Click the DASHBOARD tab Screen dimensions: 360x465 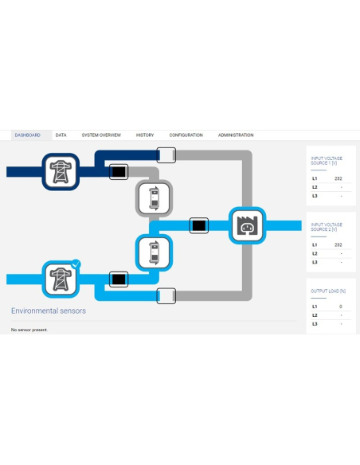tap(28, 135)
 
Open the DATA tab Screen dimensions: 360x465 tap(61, 135)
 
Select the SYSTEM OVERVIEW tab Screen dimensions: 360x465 tap(101, 135)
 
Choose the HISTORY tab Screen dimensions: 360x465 tap(145, 135)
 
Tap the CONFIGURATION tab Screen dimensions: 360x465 tap(186, 135)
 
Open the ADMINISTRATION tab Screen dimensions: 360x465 tap(236, 135)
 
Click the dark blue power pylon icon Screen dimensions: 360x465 tap(61, 172)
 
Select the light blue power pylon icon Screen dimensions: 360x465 tap(61, 279)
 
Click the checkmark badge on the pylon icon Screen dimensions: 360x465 tap(76, 264)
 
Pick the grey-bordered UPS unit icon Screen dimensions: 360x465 tap(155, 197)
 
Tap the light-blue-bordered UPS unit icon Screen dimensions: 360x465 tap(155, 252)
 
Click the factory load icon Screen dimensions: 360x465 tap(248, 225)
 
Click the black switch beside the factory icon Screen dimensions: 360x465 tap(199, 225)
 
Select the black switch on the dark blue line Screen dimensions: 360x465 tap(119, 172)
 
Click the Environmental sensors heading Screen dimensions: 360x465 tap(49, 311)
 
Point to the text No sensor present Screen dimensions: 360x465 tap(29, 330)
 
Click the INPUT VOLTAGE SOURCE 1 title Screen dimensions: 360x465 tap(327, 161)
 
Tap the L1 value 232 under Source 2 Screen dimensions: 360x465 tap(338, 245)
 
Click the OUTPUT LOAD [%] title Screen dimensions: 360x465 tap(328, 291)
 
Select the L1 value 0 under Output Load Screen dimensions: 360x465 tap(341, 307)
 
